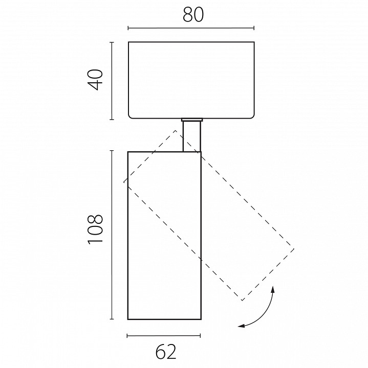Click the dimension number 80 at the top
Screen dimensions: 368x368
point(193,15)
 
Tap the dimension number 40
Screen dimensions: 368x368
point(96,80)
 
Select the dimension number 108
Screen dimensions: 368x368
point(96,229)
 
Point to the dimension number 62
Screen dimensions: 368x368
point(166,351)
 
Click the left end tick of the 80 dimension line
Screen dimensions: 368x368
point(128,28)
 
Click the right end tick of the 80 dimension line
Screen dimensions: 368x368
point(254,28)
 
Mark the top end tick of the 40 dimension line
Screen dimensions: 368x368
point(112,42)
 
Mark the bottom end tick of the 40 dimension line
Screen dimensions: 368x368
point(112,120)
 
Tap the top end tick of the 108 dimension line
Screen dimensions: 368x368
point(112,151)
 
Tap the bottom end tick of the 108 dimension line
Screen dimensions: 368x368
point(112,319)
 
